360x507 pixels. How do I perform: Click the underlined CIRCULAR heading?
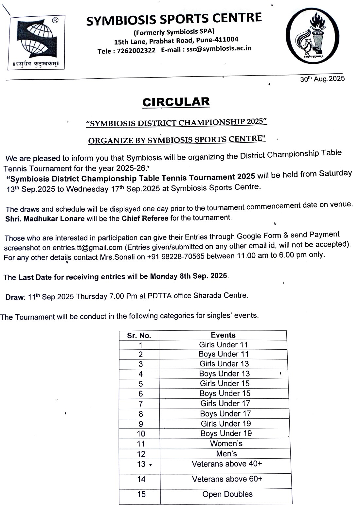[176, 102]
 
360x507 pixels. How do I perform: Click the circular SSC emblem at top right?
[313, 36]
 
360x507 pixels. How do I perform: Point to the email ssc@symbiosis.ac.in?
[219, 48]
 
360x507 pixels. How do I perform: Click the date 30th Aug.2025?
[322, 79]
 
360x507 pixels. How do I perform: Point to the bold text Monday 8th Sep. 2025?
[189, 276]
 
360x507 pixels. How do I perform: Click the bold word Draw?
[15, 297]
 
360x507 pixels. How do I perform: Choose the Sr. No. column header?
[139, 336]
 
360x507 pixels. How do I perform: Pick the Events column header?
[223, 335]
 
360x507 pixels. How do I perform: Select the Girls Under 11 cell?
[224, 344]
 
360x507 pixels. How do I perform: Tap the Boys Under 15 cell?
[225, 393]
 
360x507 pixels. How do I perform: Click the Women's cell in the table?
[226, 444]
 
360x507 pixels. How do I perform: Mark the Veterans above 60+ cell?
[227, 479]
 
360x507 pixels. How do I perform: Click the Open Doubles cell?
[227, 494]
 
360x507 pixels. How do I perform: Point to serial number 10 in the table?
[141, 434]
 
